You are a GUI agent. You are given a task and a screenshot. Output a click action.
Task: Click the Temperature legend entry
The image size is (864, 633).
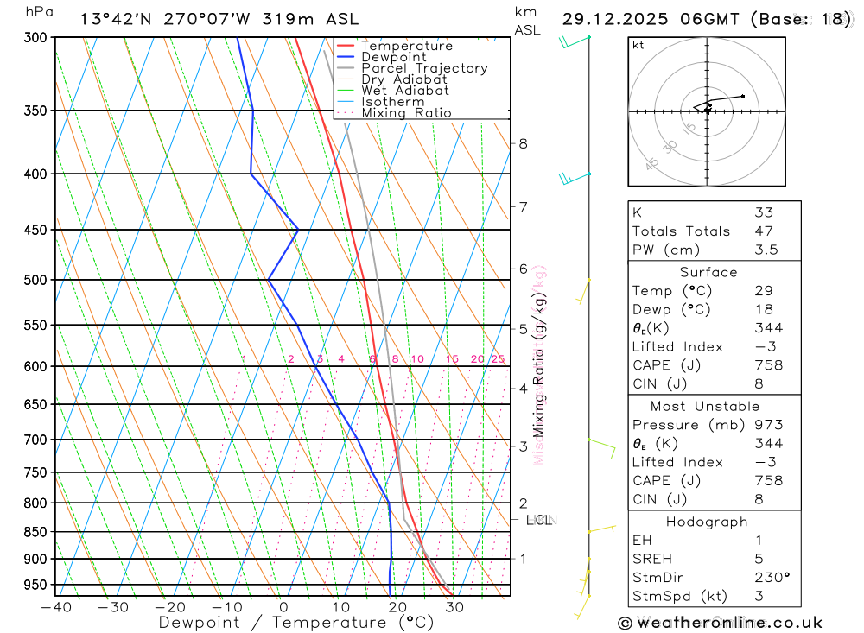406,46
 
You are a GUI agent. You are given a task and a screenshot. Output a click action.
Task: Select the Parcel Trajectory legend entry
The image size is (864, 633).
423,68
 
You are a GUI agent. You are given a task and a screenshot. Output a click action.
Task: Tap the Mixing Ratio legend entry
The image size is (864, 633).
406,113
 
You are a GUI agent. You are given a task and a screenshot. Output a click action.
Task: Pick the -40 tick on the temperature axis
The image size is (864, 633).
55,607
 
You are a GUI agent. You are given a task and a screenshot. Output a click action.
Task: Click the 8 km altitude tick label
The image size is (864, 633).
523,143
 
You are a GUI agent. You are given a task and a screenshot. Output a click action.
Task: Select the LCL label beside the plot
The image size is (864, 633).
539,520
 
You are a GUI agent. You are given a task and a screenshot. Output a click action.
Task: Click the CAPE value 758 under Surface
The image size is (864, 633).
768,365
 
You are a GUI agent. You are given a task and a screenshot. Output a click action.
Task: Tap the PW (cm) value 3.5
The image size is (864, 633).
766,250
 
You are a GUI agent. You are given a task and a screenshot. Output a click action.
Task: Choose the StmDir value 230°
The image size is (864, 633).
772,578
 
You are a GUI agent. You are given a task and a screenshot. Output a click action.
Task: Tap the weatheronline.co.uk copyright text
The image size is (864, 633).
720,623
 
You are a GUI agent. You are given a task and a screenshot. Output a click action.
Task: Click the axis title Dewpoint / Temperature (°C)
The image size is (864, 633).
295,622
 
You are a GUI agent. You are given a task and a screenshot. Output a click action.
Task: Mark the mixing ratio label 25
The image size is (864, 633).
498,359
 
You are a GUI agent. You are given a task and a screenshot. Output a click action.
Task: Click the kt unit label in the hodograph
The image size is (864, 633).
638,46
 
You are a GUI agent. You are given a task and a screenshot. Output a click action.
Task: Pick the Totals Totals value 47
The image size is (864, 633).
764,231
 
